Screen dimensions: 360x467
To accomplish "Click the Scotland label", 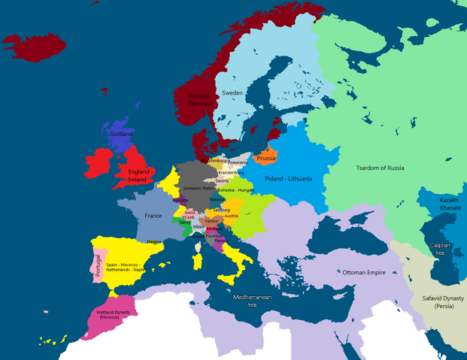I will [x=122, y=134].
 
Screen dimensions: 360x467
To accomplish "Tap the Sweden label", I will [x=232, y=92].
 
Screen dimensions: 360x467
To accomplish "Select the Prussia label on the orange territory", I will [x=265, y=159].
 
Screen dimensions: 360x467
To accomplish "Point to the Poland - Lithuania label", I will [x=289, y=178].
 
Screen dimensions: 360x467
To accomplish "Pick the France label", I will [x=153, y=216].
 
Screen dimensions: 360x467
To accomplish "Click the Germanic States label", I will [x=199, y=189].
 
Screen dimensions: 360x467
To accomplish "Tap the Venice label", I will [x=211, y=221].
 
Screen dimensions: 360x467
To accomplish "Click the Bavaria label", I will [x=217, y=200].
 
